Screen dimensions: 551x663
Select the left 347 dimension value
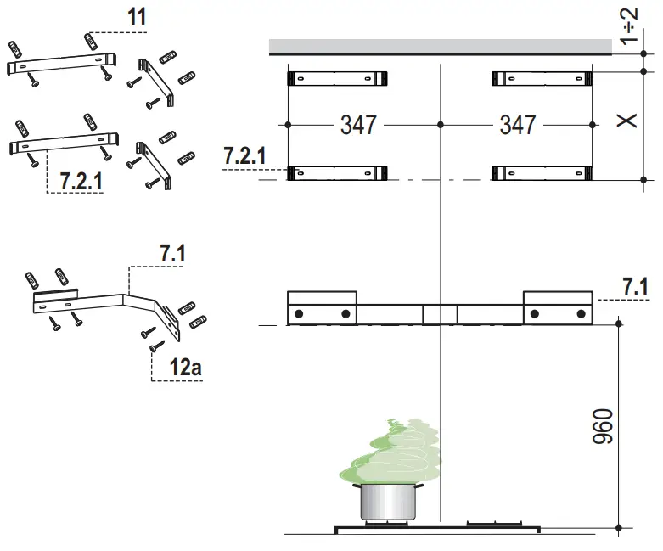(x=358, y=125)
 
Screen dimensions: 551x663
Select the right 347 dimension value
(x=517, y=125)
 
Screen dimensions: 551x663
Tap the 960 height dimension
(x=601, y=427)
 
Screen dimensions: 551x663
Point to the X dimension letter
(x=626, y=121)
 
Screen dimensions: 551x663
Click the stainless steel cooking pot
(x=387, y=502)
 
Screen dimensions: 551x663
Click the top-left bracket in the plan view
(x=339, y=79)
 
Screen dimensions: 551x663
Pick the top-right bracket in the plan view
(x=541, y=79)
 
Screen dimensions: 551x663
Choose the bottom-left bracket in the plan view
(x=339, y=174)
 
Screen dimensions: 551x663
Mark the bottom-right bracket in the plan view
(x=541, y=174)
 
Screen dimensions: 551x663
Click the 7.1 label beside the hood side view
(x=635, y=287)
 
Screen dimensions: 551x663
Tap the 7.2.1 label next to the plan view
(x=244, y=156)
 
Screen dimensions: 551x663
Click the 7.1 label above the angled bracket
(x=172, y=253)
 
